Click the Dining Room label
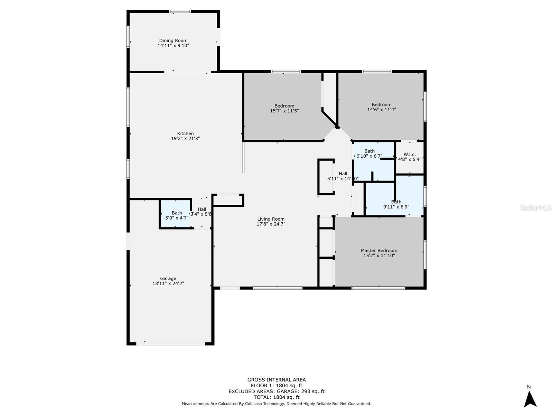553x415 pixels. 173,41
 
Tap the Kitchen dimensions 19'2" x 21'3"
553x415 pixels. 185,139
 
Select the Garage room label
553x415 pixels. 168,278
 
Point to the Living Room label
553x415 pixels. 271,219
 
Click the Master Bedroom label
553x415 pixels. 379,251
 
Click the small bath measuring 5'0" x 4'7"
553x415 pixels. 177,215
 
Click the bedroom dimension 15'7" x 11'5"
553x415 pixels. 284,111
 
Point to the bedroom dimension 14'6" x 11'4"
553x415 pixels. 381,110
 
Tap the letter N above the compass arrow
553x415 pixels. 529,387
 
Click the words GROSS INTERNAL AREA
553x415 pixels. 276,380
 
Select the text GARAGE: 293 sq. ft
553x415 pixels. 300,391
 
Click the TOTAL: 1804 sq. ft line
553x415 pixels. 276,397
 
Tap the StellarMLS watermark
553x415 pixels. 535,207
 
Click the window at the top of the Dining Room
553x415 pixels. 180,11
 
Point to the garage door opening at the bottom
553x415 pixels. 170,343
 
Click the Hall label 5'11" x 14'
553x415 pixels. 343,176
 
